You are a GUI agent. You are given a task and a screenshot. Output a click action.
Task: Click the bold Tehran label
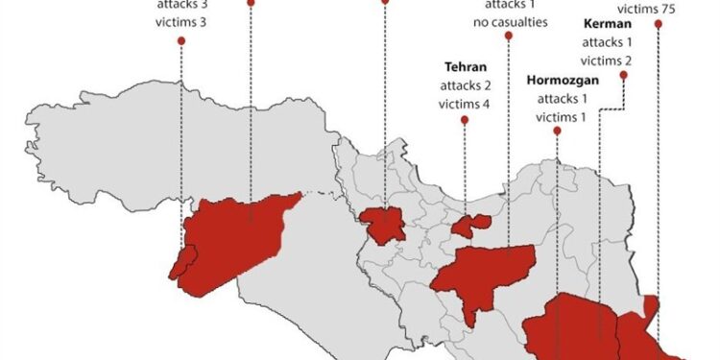tap(464, 67)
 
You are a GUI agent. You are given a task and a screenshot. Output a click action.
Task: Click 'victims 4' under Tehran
tap(464, 104)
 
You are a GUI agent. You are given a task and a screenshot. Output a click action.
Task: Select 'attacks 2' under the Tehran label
tap(464, 85)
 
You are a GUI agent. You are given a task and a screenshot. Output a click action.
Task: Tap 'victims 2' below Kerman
tap(606, 60)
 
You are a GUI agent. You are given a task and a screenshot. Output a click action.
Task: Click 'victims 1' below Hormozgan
tap(558, 117)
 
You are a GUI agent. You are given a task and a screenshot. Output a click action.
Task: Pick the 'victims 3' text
tap(180, 20)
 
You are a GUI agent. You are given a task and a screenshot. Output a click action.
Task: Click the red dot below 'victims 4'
tap(464, 120)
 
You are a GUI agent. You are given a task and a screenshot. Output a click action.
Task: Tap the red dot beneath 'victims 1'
tap(558, 133)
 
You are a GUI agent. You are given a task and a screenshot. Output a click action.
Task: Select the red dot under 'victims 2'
tap(624, 75)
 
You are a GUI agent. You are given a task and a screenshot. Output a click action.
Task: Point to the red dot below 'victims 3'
tap(180, 37)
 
